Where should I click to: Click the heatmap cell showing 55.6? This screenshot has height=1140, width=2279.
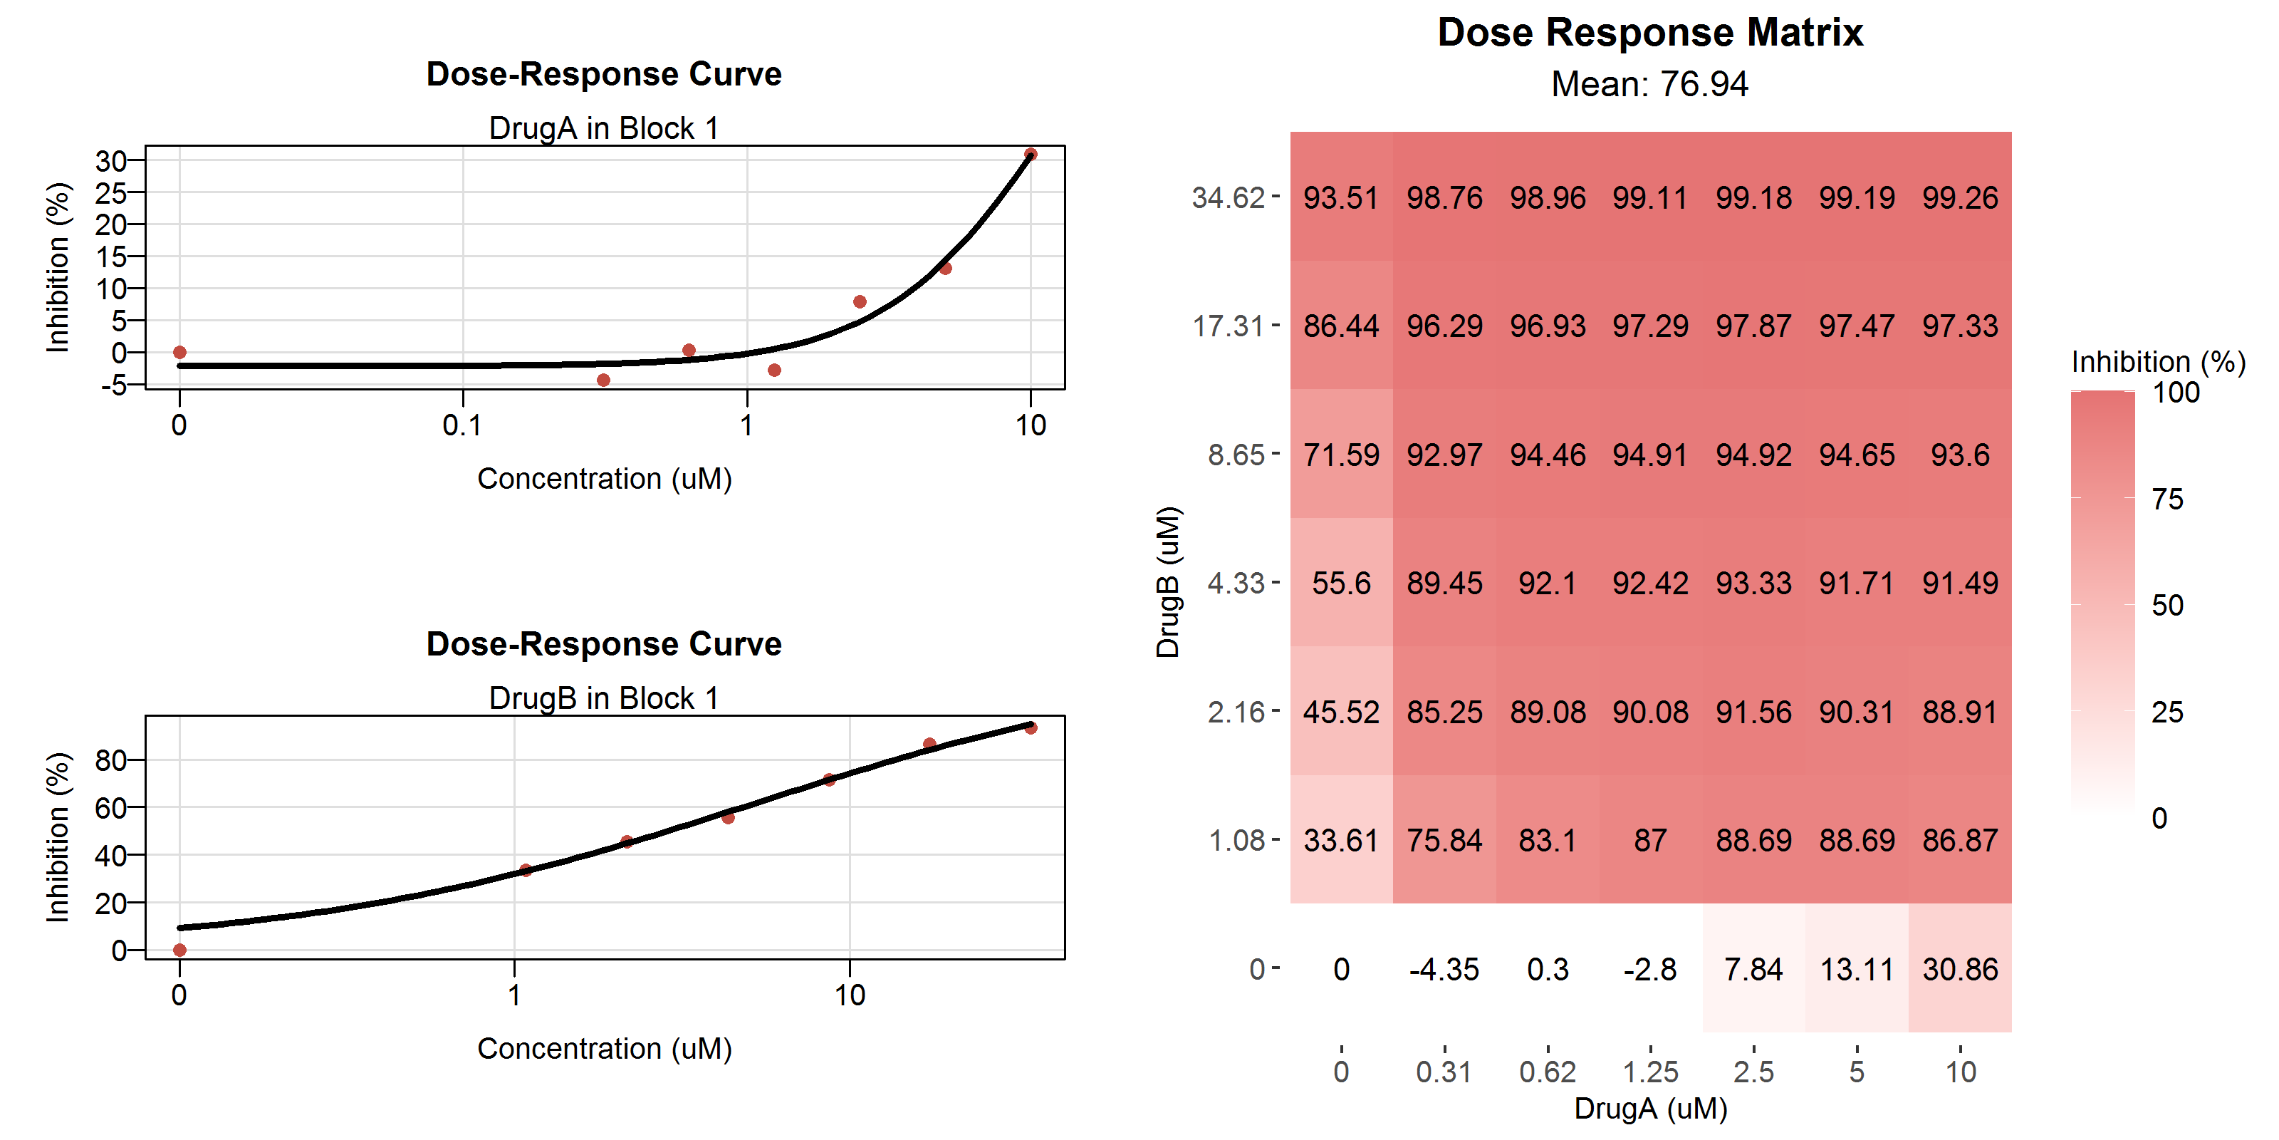click(1341, 584)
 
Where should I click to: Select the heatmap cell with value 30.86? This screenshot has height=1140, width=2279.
click(1960, 969)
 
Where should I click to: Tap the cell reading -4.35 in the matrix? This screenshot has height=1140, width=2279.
click(1444, 969)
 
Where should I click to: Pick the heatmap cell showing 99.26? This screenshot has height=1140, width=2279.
click(1960, 197)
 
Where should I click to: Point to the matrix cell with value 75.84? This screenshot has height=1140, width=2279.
click(1444, 840)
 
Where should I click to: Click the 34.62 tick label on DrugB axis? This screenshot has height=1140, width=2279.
click(1228, 197)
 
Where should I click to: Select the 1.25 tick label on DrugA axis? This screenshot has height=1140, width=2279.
click(1650, 1072)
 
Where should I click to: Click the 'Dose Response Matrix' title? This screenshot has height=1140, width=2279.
click(1650, 33)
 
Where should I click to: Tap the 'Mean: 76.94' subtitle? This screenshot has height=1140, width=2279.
click(1650, 84)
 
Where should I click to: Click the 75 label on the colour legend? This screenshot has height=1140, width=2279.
click(2167, 499)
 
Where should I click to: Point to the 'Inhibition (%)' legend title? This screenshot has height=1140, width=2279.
click(2158, 361)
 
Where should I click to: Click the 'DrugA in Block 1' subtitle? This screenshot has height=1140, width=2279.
click(603, 128)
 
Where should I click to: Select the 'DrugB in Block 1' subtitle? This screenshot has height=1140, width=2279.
click(603, 698)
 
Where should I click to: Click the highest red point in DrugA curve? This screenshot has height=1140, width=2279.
click(1031, 154)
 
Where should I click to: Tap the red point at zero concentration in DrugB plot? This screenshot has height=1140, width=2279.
click(179, 950)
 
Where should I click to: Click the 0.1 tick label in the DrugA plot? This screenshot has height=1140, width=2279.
click(461, 426)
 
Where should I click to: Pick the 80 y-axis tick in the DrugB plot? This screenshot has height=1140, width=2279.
click(110, 760)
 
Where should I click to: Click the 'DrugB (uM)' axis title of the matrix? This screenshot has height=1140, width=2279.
click(1168, 582)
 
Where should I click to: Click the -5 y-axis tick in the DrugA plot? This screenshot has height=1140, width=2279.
click(113, 385)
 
